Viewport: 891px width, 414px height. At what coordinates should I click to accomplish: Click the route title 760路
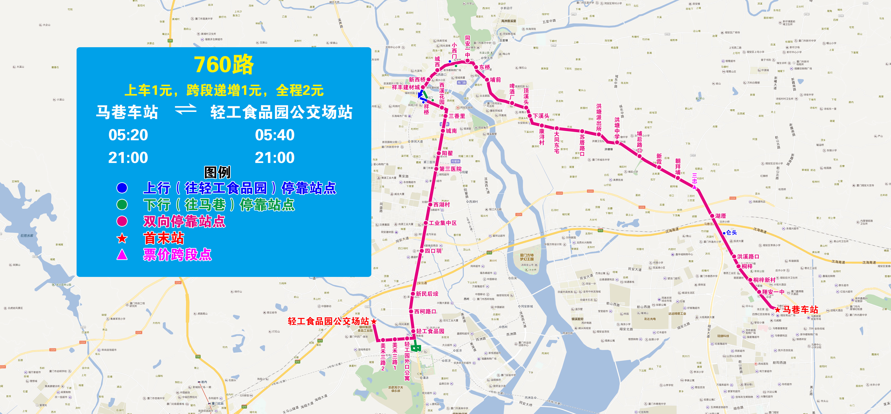point(224,65)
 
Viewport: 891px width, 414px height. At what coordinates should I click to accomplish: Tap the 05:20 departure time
point(128,135)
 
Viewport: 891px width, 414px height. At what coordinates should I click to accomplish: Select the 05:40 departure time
point(275,135)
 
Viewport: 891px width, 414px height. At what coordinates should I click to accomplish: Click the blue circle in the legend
point(122,188)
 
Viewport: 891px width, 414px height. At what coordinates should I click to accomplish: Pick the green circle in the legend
point(122,205)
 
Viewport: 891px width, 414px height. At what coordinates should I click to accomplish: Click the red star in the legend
point(122,238)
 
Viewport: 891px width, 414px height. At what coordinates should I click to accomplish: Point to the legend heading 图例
point(217,172)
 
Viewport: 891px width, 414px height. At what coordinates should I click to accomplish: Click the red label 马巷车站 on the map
point(800,309)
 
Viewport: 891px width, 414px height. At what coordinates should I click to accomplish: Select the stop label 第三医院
point(450,169)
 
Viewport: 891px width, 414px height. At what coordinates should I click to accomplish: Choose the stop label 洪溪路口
point(748,256)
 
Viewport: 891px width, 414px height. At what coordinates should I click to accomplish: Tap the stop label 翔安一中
point(773,292)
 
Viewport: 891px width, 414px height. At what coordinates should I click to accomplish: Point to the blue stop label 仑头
point(731,233)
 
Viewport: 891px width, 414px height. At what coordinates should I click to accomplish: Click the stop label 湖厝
point(721,216)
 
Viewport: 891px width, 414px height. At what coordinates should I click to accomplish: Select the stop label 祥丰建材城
point(406,87)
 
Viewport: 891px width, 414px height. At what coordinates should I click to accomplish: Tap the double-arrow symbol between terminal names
point(185,110)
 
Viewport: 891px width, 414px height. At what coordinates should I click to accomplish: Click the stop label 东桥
point(485,67)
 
